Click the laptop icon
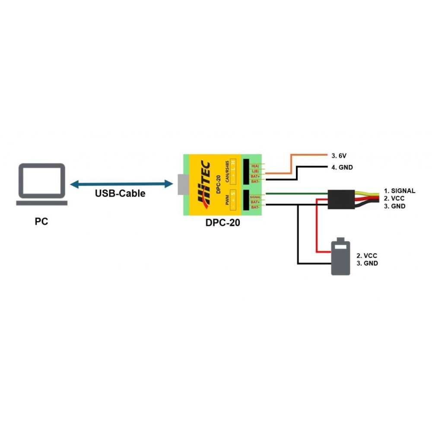click(x=41, y=184)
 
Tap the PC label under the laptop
click(x=41, y=222)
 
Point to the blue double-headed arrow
click(x=121, y=184)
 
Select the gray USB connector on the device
click(x=182, y=185)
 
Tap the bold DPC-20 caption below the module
click(x=223, y=223)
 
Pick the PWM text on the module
click(x=227, y=200)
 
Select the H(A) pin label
click(x=255, y=166)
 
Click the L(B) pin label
click(x=255, y=171)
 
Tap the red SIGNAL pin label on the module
click(x=255, y=197)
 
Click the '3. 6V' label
click(x=340, y=155)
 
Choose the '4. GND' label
click(x=343, y=167)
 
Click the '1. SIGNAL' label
click(x=400, y=191)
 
